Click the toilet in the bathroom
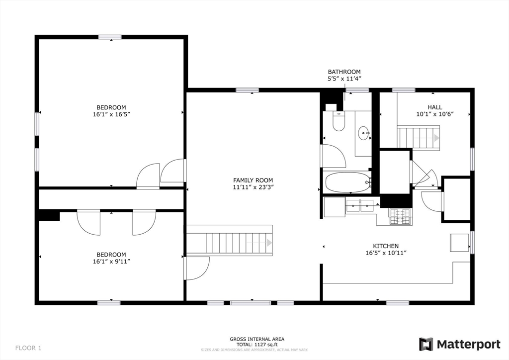click(339, 121)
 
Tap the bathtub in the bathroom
click(348, 182)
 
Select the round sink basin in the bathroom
click(363, 133)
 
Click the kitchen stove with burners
click(400, 216)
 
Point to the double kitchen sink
click(360, 206)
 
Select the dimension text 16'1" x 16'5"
click(111, 114)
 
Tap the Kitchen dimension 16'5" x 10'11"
click(386, 253)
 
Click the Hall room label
click(434, 107)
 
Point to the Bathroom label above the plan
click(344, 72)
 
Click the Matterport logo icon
click(426, 344)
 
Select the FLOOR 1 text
click(28, 348)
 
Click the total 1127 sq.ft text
click(257, 345)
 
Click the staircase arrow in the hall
click(426, 138)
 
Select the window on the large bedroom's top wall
click(110, 37)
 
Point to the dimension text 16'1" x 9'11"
click(111, 262)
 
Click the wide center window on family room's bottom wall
click(251, 303)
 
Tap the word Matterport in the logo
click(468, 345)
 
